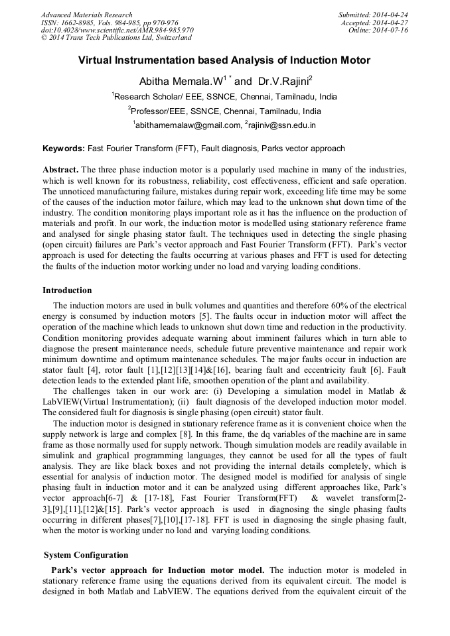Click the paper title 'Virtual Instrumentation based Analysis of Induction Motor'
click(x=224, y=60)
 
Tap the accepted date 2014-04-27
click(x=390, y=23)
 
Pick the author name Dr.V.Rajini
click(x=283, y=82)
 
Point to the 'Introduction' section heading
click(x=67, y=290)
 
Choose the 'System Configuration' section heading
click(x=86, y=554)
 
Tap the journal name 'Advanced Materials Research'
click(x=86, y=15)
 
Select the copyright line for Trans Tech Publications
click(x=116, y=38)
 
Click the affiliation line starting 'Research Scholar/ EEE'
click(x=224, y=97)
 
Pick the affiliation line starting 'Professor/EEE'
click(x=224, y=111)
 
